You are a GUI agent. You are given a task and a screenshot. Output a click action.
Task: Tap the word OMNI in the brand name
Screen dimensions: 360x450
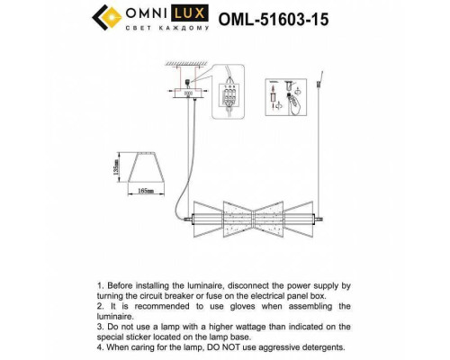pos(149,13)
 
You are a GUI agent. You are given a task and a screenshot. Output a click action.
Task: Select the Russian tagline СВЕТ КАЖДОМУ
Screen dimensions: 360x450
pos(170,28)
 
